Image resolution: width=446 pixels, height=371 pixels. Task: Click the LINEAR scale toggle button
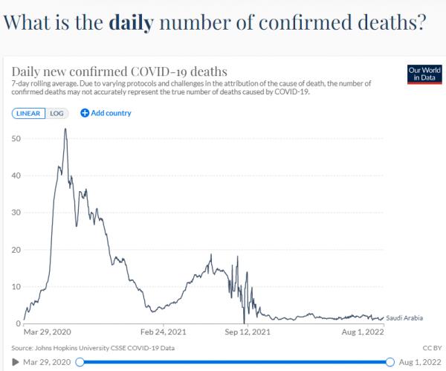coord(29,113)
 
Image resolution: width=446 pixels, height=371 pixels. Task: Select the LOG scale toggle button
coord(57,113)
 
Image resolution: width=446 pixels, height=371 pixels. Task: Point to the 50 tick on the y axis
coord(16,138)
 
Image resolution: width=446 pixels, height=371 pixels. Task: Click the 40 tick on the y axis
coord(16,175)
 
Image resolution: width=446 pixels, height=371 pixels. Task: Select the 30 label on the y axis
coord(16,213)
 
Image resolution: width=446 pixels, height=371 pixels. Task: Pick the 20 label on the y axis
coord(16,249)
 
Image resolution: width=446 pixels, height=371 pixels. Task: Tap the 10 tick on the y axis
coord(16,286)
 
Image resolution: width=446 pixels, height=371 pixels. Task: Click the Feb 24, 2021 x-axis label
coord(164,333)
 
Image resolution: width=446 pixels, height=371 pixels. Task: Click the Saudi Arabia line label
coord(405,317)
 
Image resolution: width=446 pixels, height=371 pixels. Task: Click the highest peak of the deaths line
coord(66,129)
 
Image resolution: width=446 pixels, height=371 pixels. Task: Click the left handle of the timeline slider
coord(80,362)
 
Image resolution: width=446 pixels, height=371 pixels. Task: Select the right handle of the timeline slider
coord(390,362)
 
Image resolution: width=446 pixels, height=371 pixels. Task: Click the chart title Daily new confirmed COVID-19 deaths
coord(119,71)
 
